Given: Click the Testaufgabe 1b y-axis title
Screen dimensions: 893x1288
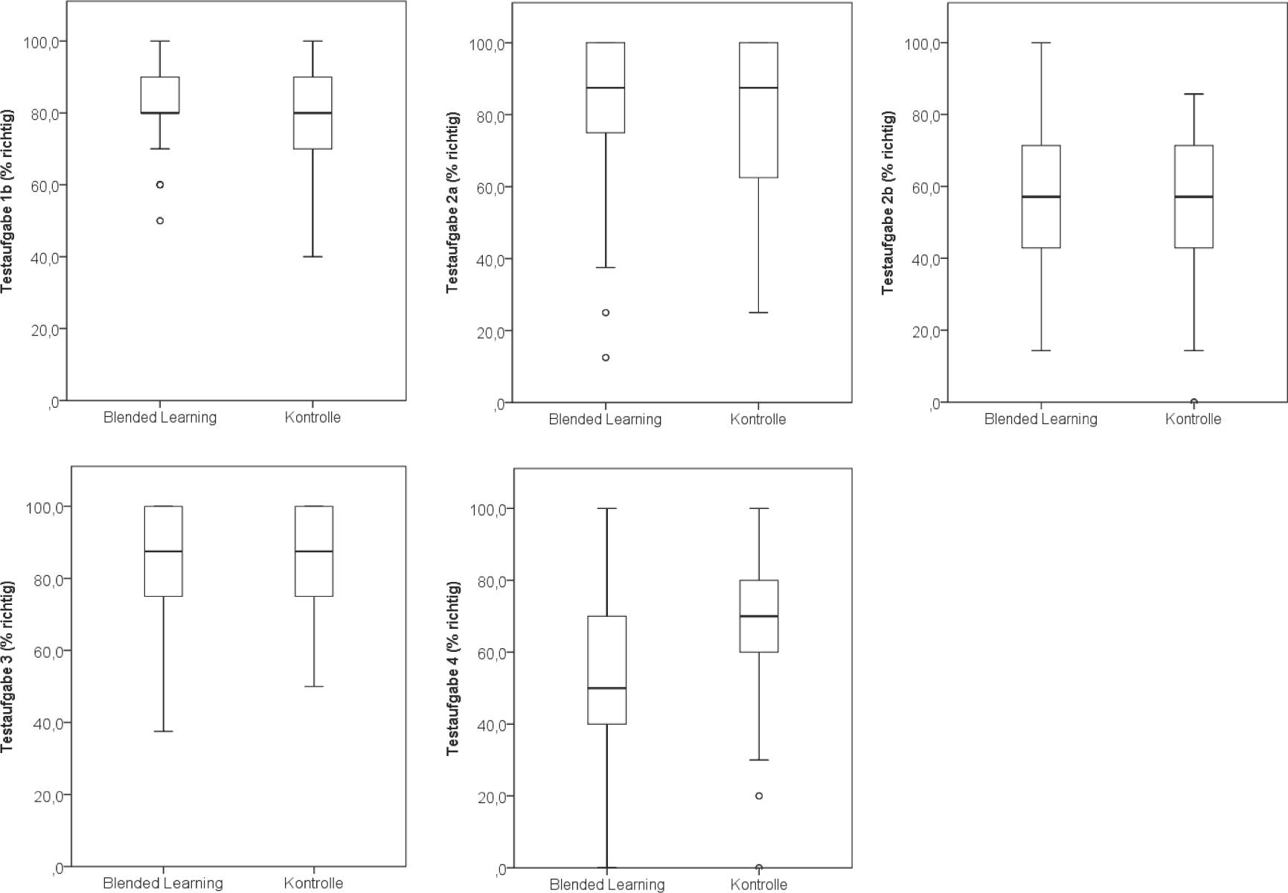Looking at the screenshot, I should click(x=7, y=201).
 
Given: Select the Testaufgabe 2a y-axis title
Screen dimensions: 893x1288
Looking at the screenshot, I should click(x=452, y=202).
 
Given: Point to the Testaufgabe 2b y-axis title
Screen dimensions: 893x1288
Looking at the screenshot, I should click(x=888, y=202).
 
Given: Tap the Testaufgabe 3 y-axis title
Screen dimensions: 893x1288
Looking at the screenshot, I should click(x=7, y=666).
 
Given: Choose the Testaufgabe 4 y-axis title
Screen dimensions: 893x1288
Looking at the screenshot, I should click(x=452, y=668).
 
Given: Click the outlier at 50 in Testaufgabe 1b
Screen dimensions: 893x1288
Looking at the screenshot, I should click(x=160, y=221).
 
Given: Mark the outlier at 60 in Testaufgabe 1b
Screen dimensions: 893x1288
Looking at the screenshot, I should click(x=160, y=185).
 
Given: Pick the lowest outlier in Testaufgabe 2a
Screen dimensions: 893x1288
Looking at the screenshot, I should click(x=606, y=358).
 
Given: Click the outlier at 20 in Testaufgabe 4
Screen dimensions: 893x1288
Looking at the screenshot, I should click(x=759, y=796).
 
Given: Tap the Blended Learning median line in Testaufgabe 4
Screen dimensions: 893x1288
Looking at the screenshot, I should click(x=606, y=688).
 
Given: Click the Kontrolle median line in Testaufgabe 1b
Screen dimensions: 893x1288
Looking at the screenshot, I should click(x=313, y=113).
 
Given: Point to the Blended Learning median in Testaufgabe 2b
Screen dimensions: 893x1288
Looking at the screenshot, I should click(x=1041, y=196).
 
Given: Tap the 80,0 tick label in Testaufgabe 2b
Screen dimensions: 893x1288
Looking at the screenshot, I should click(x=922, y=115).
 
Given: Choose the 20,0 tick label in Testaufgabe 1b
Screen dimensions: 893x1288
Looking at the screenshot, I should click(x=41, y=329).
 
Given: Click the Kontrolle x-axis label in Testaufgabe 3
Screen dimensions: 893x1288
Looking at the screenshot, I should click(x=313, y=883).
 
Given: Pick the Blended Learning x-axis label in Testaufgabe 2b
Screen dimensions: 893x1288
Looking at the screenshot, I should click(x=1040, y=419).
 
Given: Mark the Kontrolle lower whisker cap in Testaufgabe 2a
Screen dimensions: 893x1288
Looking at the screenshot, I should click(x=758, y=313).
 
